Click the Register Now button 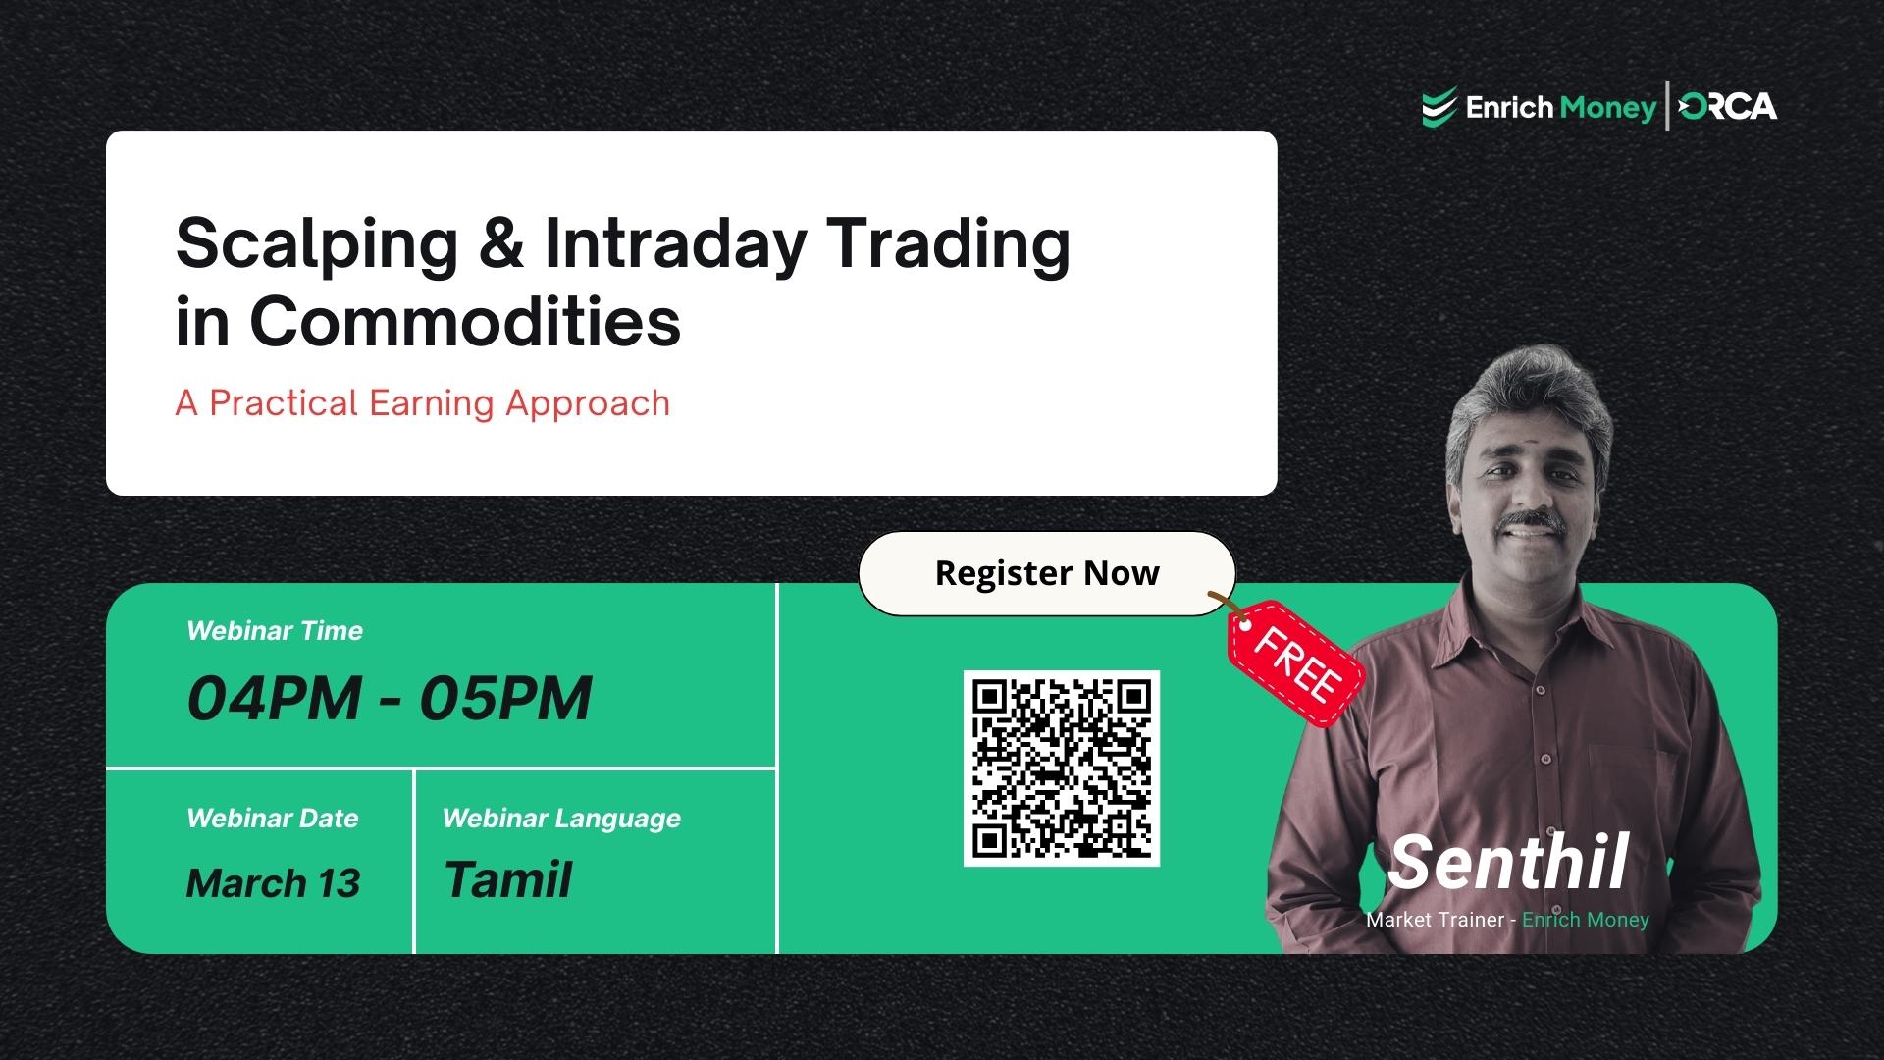(1046, 573)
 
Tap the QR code (1061, 768)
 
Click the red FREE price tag (1296, 664)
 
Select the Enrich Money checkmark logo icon (1439, 108)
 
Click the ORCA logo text (1728, 107)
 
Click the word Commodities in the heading (465, 321)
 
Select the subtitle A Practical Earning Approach (422, 403)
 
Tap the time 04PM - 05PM (389, 698)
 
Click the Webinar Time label (275, 631)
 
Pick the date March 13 (273, 883)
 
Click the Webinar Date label (272, 819)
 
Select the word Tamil (507, 879)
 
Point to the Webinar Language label (561, 819)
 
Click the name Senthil (1508, 863)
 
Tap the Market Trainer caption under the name (1507, 920)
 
